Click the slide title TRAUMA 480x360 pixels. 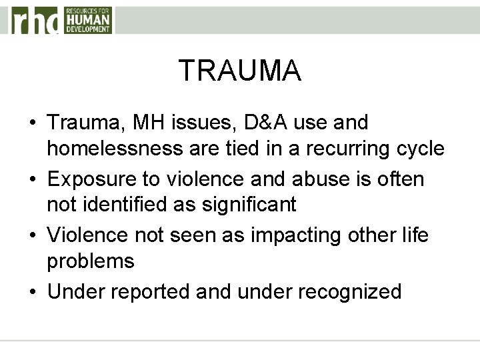240,70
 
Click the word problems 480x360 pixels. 90,261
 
